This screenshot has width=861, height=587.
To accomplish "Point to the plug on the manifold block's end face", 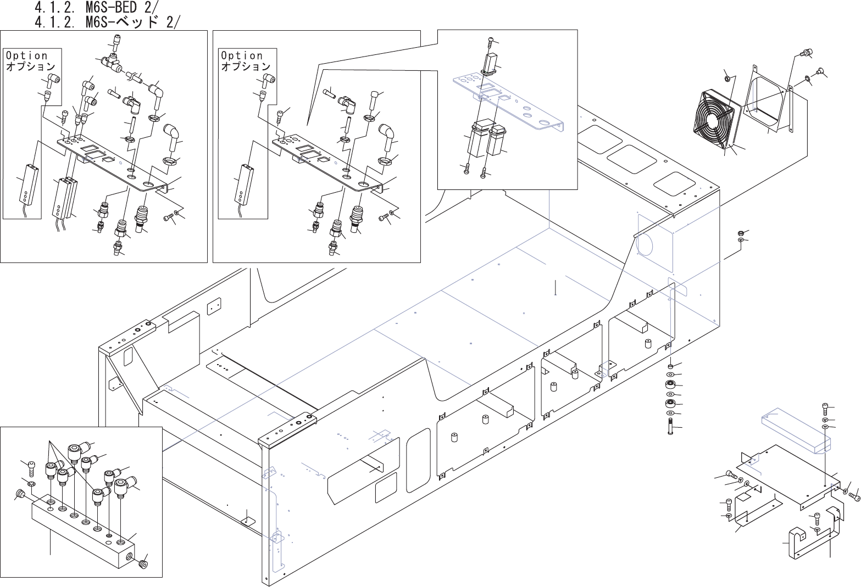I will coord(144,564).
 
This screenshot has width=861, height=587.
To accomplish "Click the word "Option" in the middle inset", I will coord(242,55).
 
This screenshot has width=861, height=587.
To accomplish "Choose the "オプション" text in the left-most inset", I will coord(30,66).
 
